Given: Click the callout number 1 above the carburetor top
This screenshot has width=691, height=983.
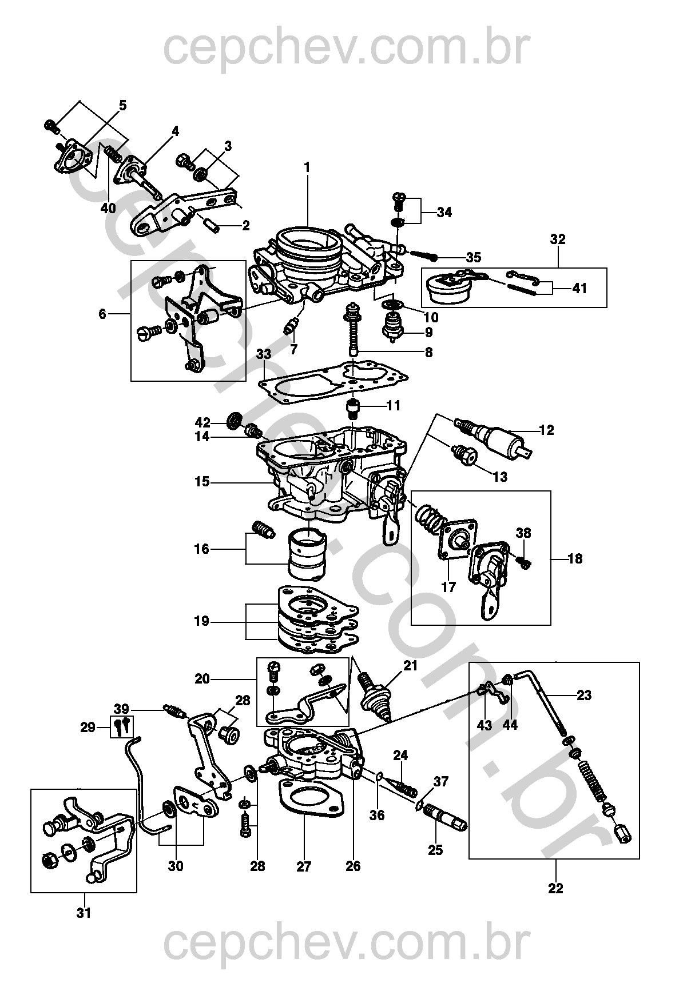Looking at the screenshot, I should (x=307, y=167).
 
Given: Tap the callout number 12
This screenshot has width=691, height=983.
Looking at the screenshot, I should (x=546, y=430).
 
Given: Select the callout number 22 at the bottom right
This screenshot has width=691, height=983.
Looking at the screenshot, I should (x=555, y=888).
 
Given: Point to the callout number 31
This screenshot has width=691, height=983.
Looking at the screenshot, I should (x=84, y=913).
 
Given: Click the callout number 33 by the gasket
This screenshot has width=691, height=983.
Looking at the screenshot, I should (x=263, y=355).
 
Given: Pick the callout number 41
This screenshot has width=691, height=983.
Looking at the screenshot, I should (x=579, y=289).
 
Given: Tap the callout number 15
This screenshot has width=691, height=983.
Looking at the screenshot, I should (x=202, y=482).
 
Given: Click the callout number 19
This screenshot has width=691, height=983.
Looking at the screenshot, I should (x=201, y=621).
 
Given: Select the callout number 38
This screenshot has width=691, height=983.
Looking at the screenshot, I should (x=523, y=533).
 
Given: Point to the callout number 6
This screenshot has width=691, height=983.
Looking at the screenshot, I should (x=102, y=314).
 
